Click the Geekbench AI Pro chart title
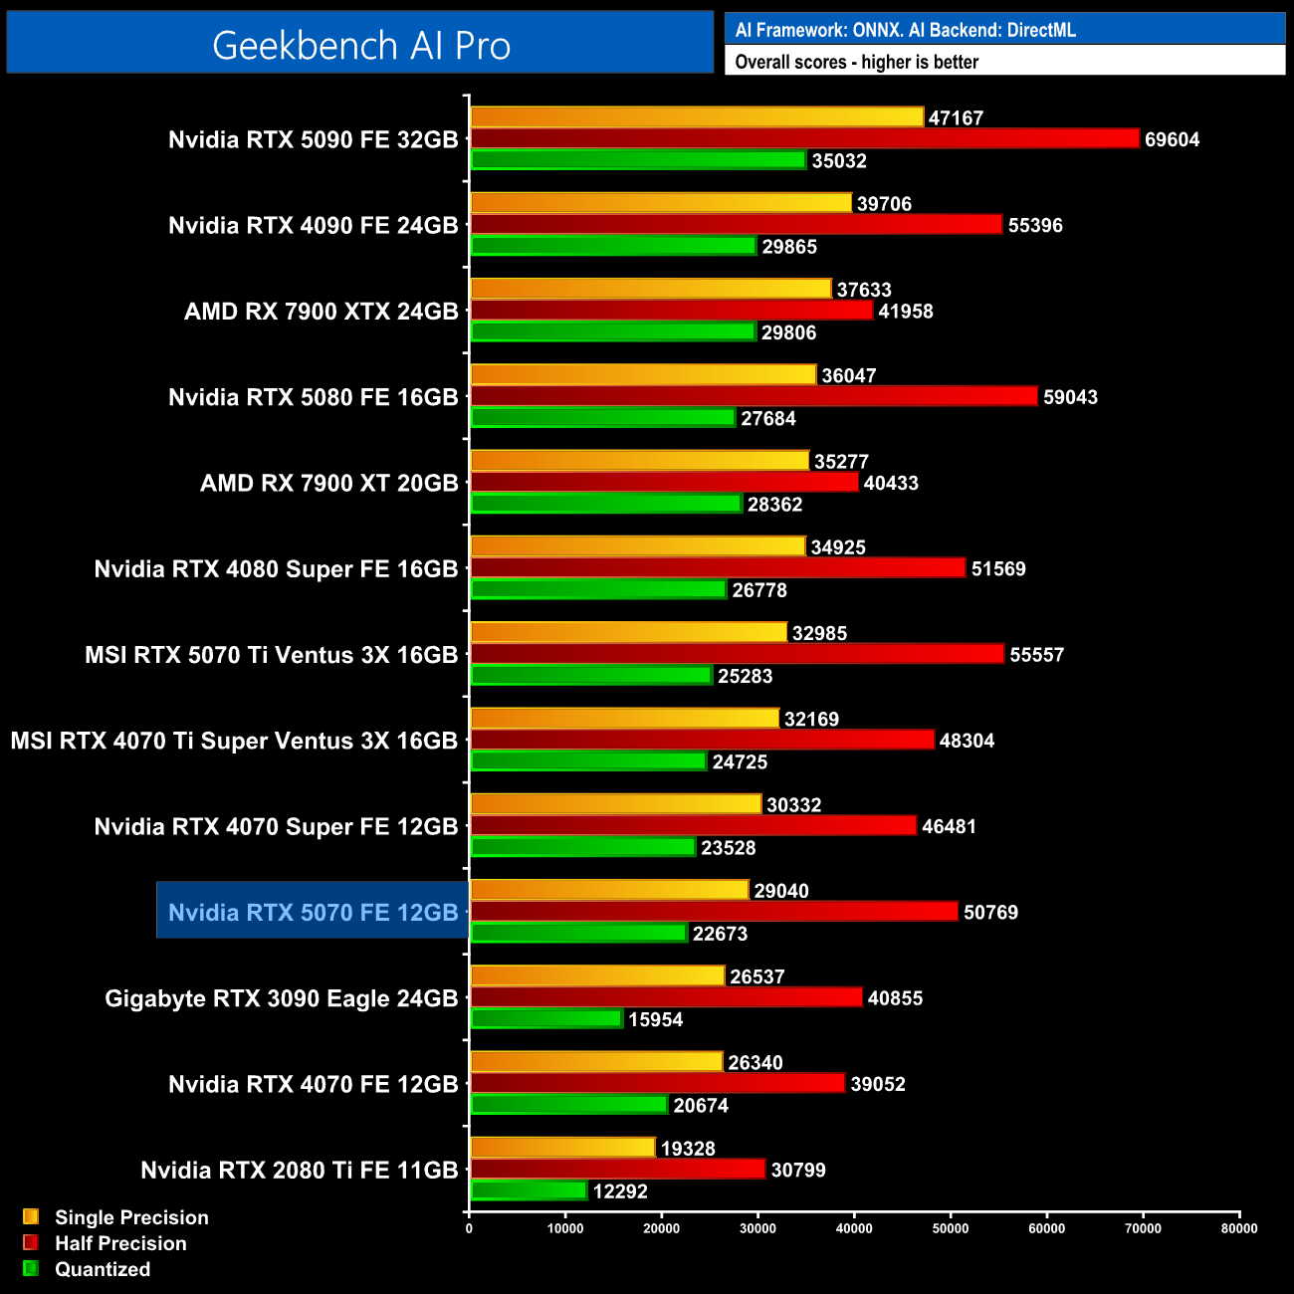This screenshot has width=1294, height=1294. coord(361,45)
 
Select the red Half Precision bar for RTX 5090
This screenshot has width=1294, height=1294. coord(804,138)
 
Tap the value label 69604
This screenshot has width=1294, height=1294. coord(1172,139)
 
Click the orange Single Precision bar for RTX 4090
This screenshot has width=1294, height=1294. coord(661,203)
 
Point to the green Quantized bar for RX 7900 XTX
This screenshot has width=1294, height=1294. coord(613,331)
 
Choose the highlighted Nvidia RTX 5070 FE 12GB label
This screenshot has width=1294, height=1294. coord(313,912)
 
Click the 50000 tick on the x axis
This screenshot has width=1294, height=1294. coord(950,1228)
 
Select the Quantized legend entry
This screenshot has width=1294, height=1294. coord(102,1269)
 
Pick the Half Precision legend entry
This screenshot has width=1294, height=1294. coord(119,1243)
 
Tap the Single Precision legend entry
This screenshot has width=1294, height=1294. coord(130,1217)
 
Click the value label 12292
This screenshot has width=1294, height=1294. coord(620,1191)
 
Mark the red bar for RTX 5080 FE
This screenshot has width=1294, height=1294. coord(754,396)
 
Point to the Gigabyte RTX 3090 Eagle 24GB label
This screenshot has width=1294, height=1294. coord(282,998)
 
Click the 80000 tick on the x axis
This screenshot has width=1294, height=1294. coord(1239,1228)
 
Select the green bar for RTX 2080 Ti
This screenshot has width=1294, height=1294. coord(529,1190)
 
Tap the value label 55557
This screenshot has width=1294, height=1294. coord(1036,655)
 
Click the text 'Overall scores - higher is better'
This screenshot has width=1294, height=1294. coord(856,62)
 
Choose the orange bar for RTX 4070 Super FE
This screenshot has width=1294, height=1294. coord(615,804)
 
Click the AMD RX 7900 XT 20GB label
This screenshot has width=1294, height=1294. coord(328,483)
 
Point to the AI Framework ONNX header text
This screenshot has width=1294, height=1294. coord(905,30)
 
